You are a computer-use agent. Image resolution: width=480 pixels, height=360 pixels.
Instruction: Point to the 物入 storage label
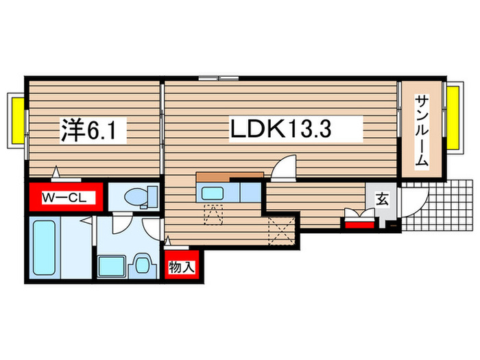(182, 266)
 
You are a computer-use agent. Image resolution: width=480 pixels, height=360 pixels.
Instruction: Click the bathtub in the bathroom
(46, 248)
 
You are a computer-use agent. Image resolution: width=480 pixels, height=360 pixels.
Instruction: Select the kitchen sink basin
(211, 193)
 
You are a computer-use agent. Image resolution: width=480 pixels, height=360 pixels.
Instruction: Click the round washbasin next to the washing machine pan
(143, 264)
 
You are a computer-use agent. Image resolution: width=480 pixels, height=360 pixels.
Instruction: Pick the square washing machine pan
(110, 265)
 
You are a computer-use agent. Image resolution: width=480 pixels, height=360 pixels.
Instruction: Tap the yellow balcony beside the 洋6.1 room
(16, 119)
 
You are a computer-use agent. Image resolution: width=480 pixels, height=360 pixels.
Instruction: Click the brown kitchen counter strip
(230, 176)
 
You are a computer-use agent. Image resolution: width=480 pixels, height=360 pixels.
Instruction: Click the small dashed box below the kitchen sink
(213, 214)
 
